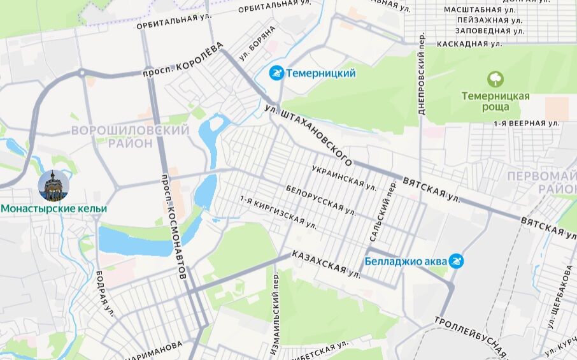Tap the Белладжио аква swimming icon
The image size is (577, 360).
point(456,261)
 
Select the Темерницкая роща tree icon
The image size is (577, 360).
point(495,80)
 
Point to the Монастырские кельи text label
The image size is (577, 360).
point(53,208)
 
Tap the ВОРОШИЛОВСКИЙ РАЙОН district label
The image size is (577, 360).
point(130,136)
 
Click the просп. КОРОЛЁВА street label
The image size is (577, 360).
point(183,61)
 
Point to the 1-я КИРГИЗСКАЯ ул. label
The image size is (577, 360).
point(278,212)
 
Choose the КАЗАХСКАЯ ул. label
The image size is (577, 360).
point(326,264)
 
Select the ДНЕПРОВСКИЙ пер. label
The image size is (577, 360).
point(422,73)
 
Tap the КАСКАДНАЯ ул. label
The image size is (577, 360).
point(469,44)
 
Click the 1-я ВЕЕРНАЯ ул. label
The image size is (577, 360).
point(526,122)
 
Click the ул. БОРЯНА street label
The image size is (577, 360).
point(257,43)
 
